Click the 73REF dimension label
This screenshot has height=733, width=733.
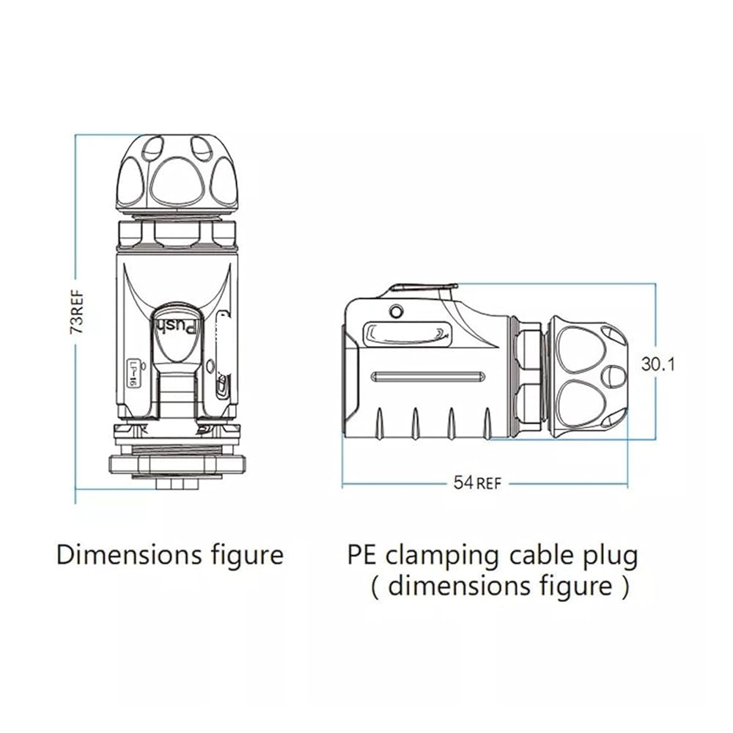coord(78,312)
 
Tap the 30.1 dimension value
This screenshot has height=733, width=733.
coord(658,364)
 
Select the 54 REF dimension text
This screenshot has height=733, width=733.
coord(477,483)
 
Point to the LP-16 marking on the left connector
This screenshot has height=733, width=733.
coord(133,372)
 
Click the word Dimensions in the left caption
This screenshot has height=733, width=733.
coord(129,556)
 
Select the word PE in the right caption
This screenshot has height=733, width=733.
coord(362,556)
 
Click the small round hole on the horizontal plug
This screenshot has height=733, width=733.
coord(396,312)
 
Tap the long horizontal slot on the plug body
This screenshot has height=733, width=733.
coord(428,377)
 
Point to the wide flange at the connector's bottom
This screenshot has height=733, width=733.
coord(177,464)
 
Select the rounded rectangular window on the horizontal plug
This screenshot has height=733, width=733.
coord(408,334)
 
